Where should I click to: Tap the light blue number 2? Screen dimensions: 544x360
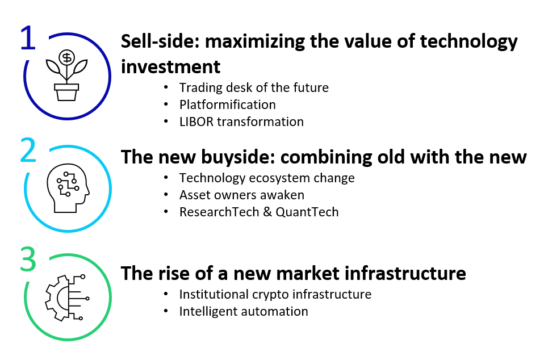[x=28, y=150]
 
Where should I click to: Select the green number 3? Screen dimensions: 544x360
[x=28, y=259]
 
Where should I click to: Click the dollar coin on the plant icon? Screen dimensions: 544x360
[x=66, y=57]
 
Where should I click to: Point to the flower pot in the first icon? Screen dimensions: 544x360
[x=66, y=92]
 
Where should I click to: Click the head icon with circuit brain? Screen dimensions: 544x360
[x=68, y=188]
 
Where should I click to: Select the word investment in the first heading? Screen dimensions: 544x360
[x=171, y=66]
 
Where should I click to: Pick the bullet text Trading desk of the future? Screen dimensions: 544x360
[x=254, y=88]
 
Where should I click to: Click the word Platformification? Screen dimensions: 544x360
[x=227, y=104]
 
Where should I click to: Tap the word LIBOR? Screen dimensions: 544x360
[x=196, y=122]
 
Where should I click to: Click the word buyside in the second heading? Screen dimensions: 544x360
[x=238, y=157]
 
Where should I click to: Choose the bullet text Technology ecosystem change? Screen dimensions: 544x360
[x=267, y=178]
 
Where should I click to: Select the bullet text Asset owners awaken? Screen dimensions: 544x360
[x=241, y=195]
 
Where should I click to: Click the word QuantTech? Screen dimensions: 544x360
[x=307, y=212]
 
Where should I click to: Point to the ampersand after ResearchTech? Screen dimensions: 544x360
[x=267, y=212]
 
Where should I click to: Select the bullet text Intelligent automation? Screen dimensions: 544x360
[x=244, y=311]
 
